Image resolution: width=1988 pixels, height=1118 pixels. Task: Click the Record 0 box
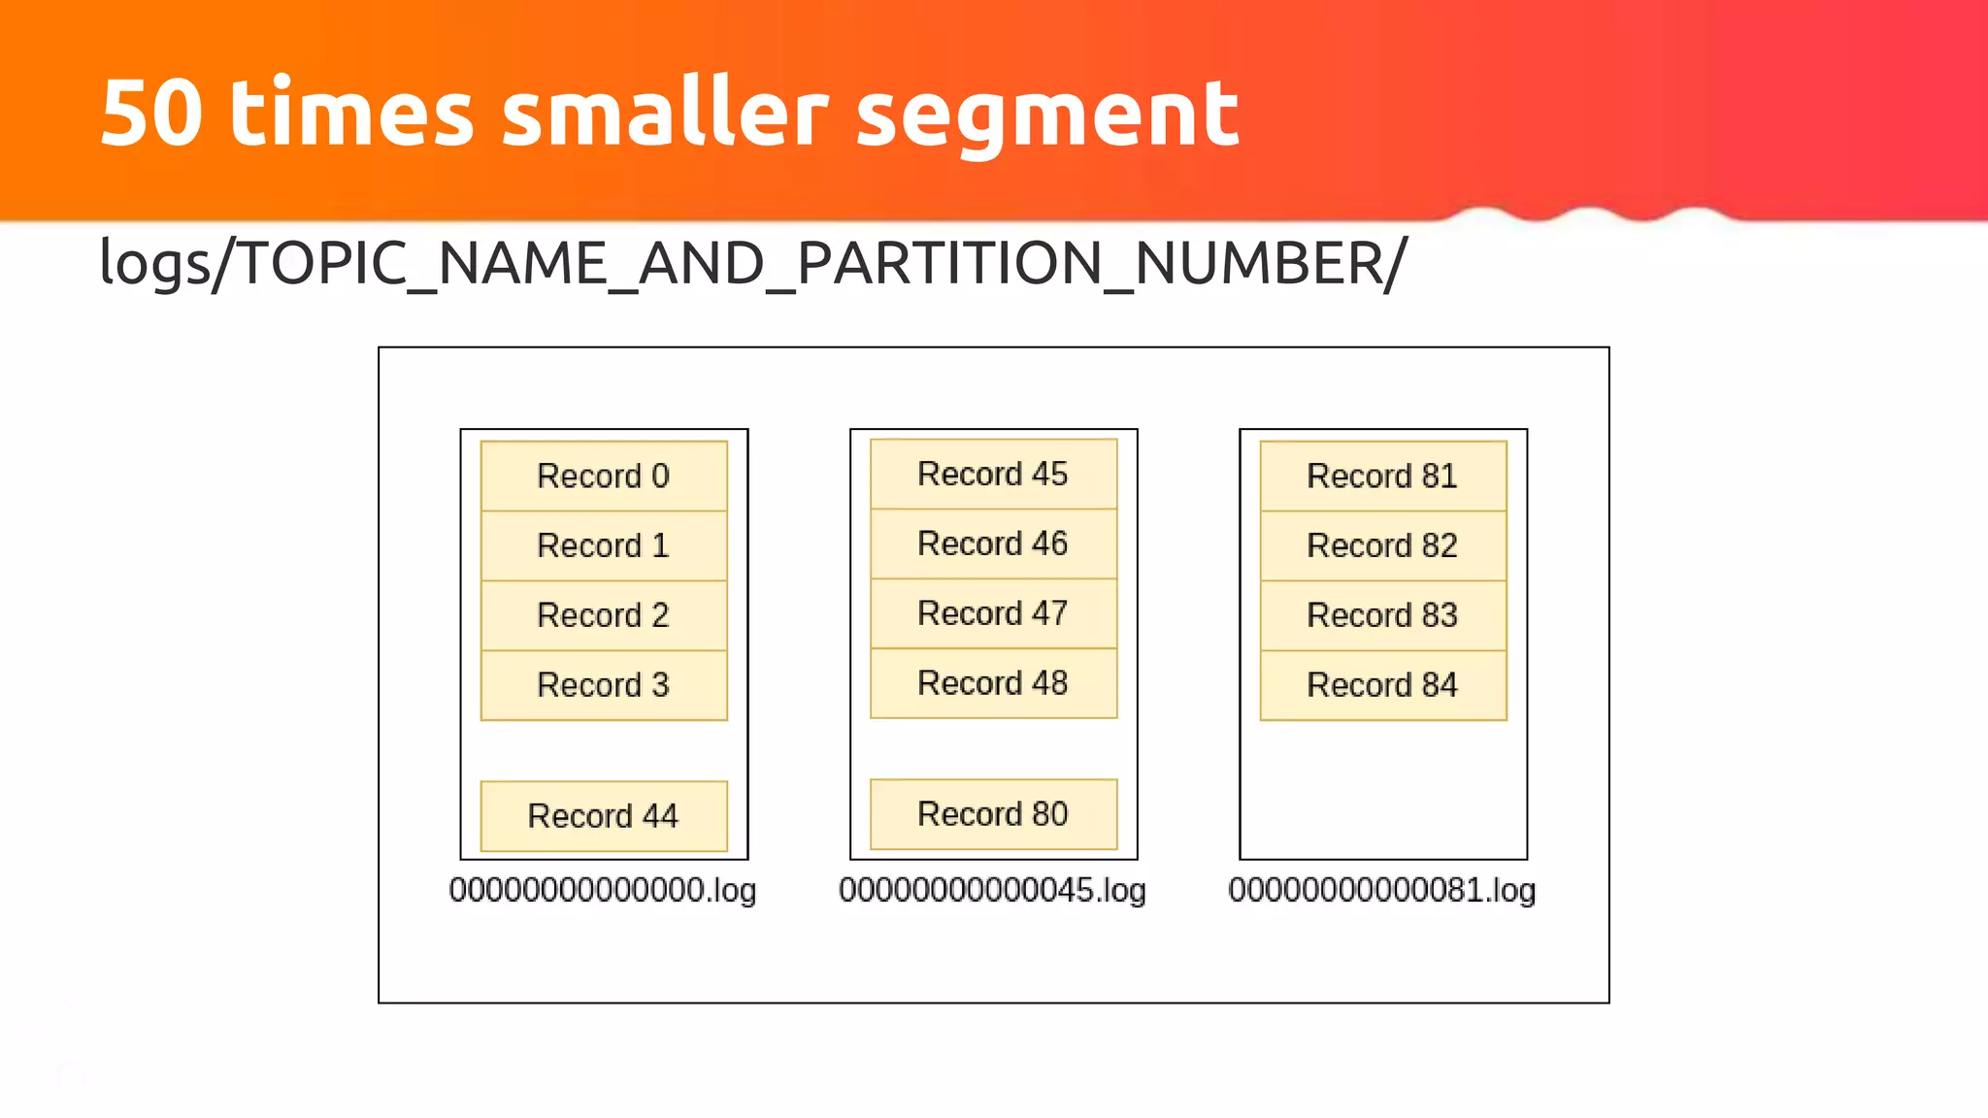click(x=604, y=476)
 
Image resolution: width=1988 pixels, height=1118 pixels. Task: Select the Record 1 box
click(x=604, y=545)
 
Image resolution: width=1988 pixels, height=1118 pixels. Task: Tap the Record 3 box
click(x=604, y=685)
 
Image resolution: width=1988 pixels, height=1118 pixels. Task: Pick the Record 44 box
click(x=604, y=815)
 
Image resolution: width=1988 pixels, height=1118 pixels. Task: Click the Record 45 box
click(x=993, y=474)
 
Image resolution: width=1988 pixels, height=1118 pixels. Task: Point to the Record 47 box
click(x=993, y=613)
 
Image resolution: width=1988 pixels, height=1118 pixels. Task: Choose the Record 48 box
click(x=993, y=683)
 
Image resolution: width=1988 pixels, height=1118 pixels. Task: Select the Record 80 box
click(x=993, y=813)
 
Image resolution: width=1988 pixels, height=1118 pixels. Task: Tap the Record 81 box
click(x=1382, y=476)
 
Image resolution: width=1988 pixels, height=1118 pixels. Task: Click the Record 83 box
click(x=1382, y=615)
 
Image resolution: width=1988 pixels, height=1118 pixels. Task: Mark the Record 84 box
click(x=1382, y=685)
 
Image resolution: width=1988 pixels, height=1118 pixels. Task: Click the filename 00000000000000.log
click(x=603, y=890)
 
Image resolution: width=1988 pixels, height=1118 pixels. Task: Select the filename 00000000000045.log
click(x=992, y=890)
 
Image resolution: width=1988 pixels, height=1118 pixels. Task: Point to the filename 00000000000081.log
click(x=1382, y=890)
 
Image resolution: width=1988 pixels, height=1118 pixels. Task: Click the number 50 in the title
click(x=152, y=114)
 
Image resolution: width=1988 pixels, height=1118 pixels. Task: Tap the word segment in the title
click(x=1047, y=116)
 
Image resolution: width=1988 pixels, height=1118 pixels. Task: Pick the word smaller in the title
click(x=665, y=114)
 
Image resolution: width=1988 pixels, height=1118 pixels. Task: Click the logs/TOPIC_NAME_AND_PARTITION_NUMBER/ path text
click(x=753, y=264)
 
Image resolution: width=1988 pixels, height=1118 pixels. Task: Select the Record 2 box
click(x=604, y=615)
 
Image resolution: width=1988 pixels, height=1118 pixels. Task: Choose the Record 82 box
click(x=1382, y=545)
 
